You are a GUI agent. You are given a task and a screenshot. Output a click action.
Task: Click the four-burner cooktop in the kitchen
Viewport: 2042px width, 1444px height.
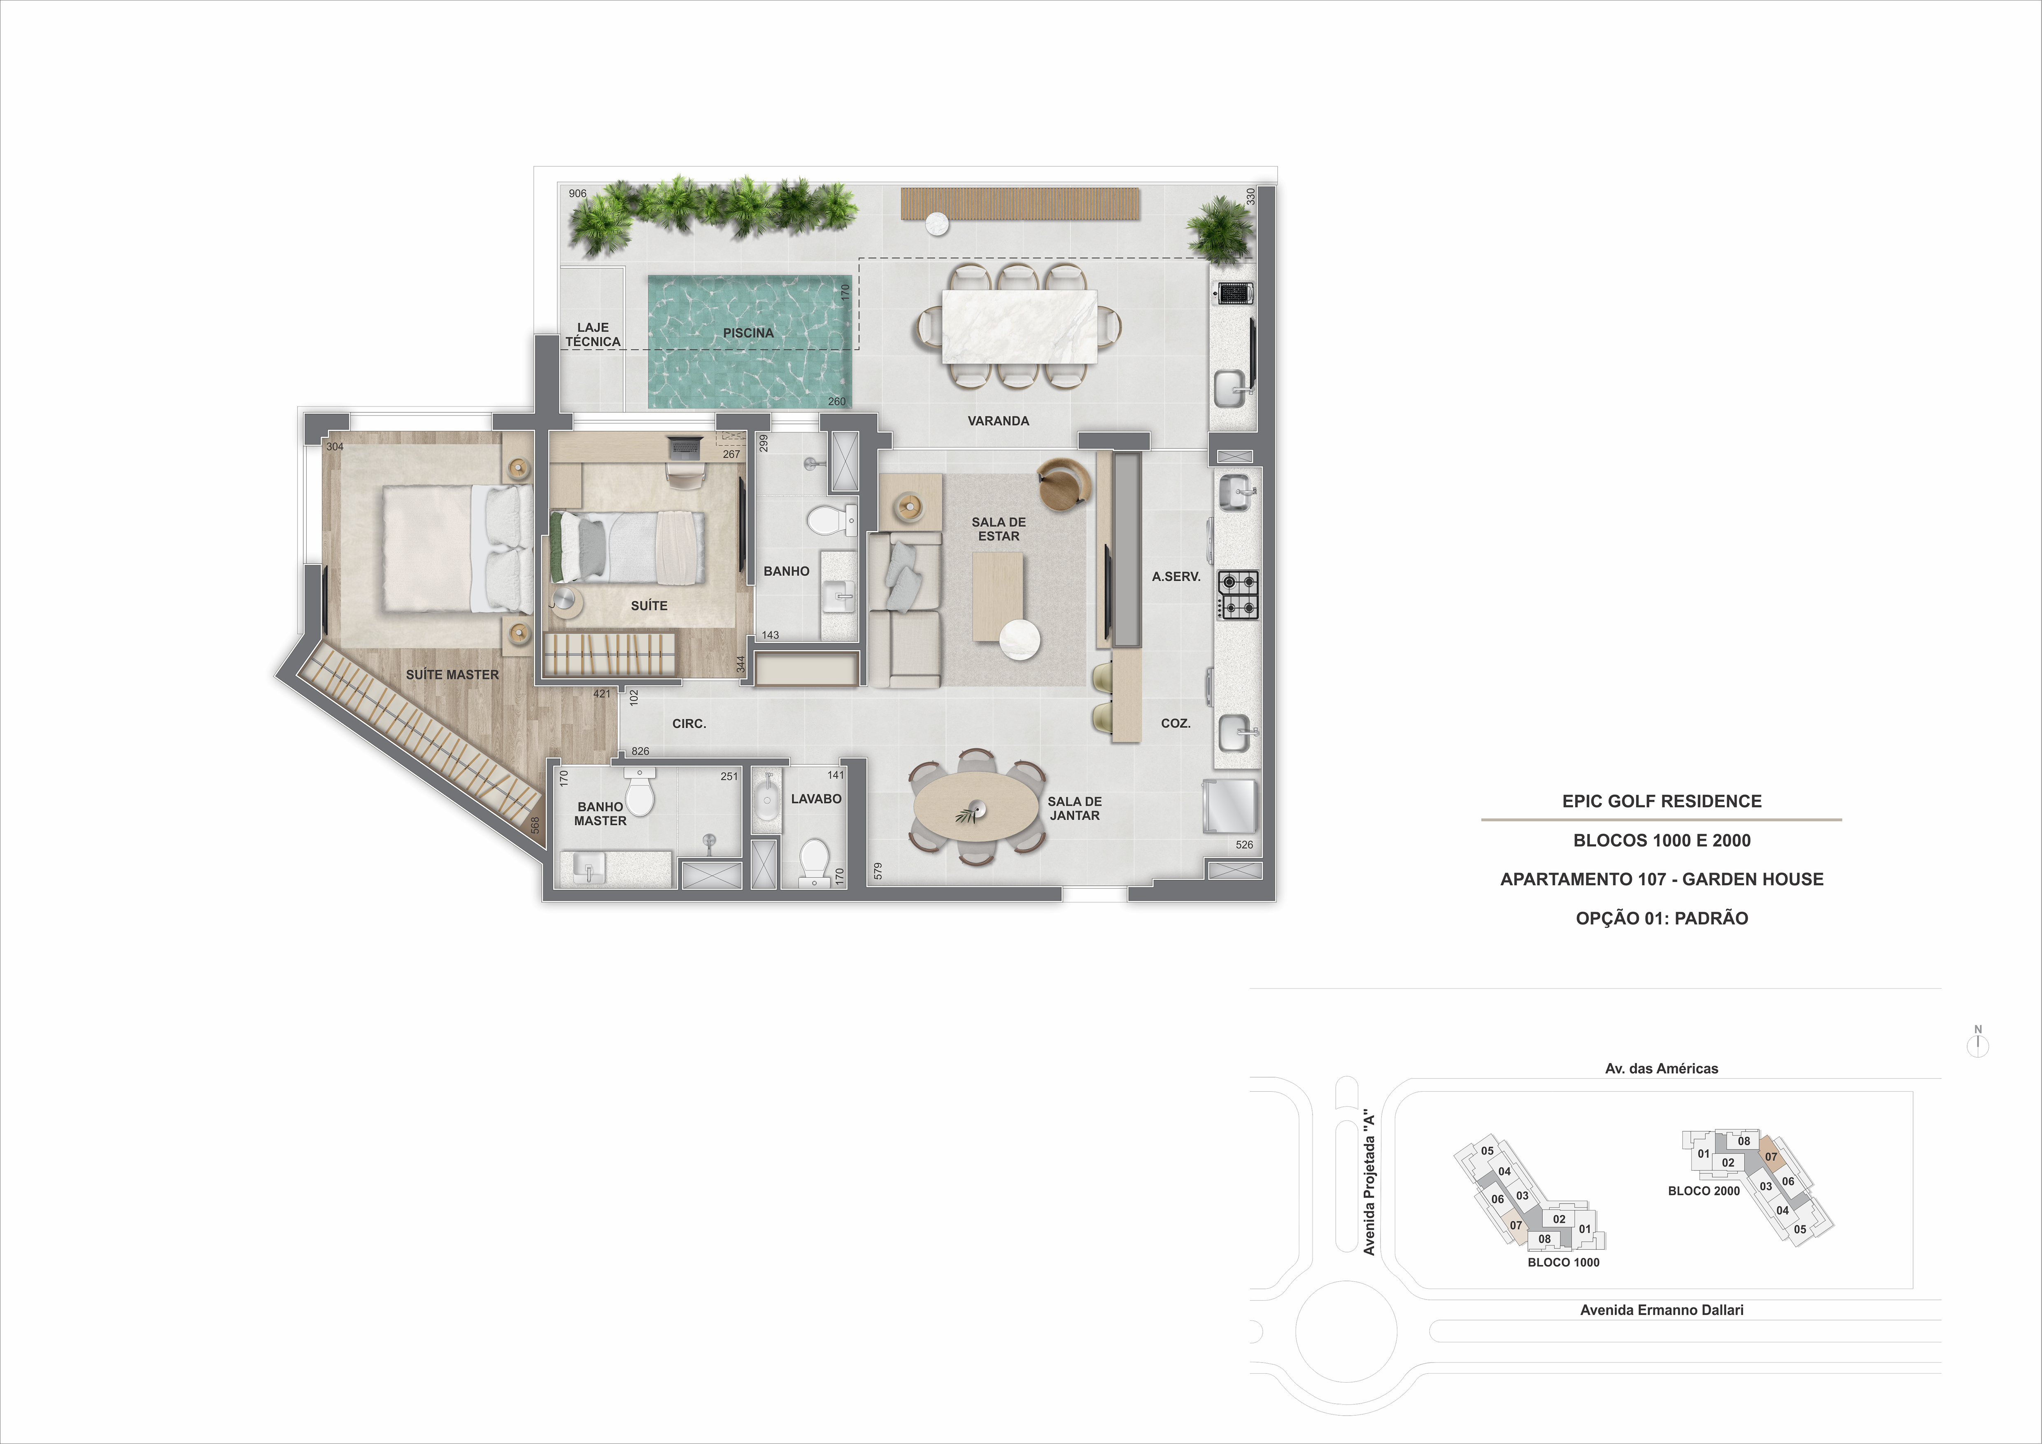tap(1238, 595)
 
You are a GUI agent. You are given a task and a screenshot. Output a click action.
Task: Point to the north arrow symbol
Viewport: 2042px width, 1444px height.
tap(1978, 1043)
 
